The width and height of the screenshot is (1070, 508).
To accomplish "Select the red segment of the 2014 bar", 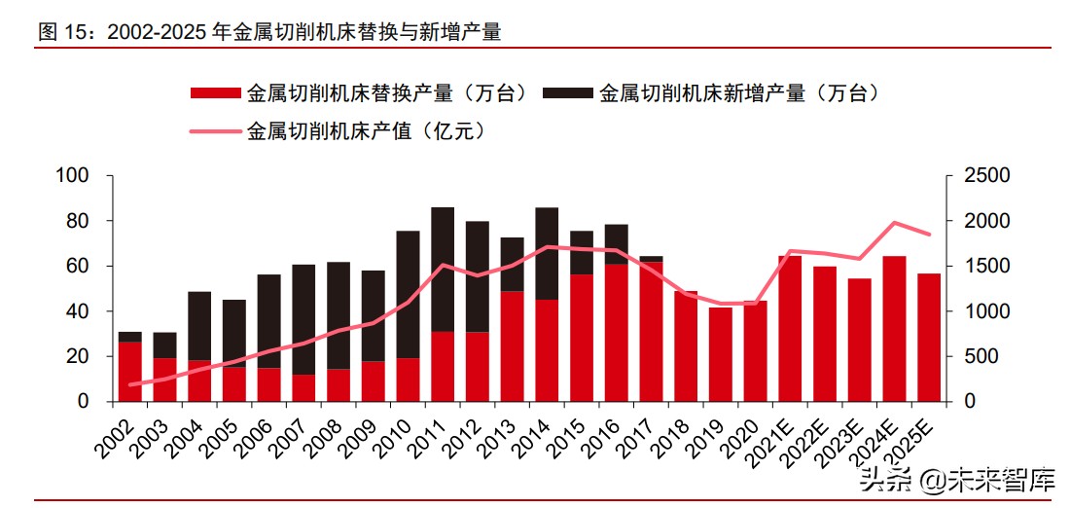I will pos(547,350).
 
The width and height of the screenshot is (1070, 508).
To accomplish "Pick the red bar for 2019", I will pos(720,354).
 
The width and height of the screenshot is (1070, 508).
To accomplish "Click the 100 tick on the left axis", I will pos(74,176).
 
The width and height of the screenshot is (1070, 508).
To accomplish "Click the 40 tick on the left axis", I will pos(79,311).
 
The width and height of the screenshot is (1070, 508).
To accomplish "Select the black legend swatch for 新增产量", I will pos(567,93).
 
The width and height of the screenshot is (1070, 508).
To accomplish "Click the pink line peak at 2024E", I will pos(894,223).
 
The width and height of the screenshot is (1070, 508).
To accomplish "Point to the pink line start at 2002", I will pos(130,384).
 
